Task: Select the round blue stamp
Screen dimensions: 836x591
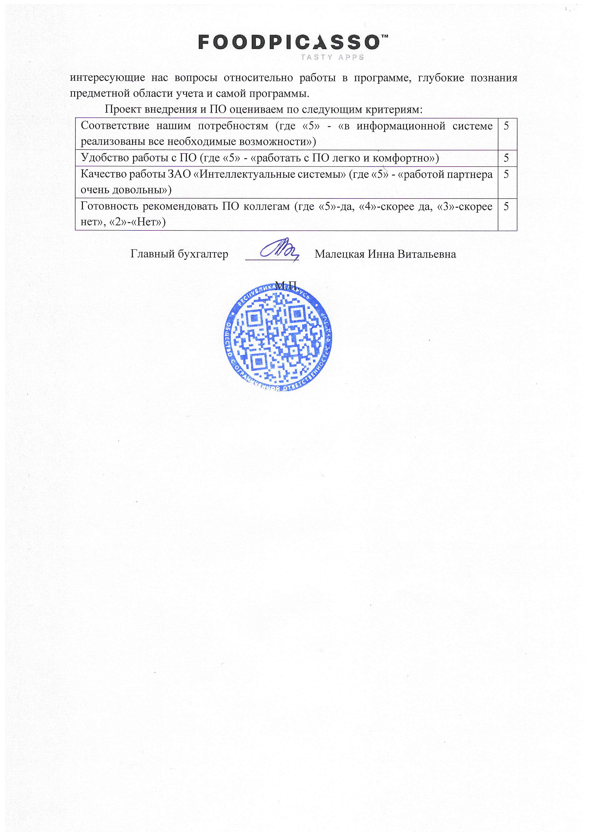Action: (x=278, y=337)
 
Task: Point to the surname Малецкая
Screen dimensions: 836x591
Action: (x=339, y=254)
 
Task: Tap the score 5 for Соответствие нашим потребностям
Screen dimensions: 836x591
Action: (x=506, y=126)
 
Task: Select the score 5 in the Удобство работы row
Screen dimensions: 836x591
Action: (x=506, y=158)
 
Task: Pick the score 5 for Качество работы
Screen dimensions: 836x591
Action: (x=506, y=174)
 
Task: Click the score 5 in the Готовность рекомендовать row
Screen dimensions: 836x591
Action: (x=506, y=206)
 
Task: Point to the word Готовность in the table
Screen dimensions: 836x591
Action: (x=109, y=206)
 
